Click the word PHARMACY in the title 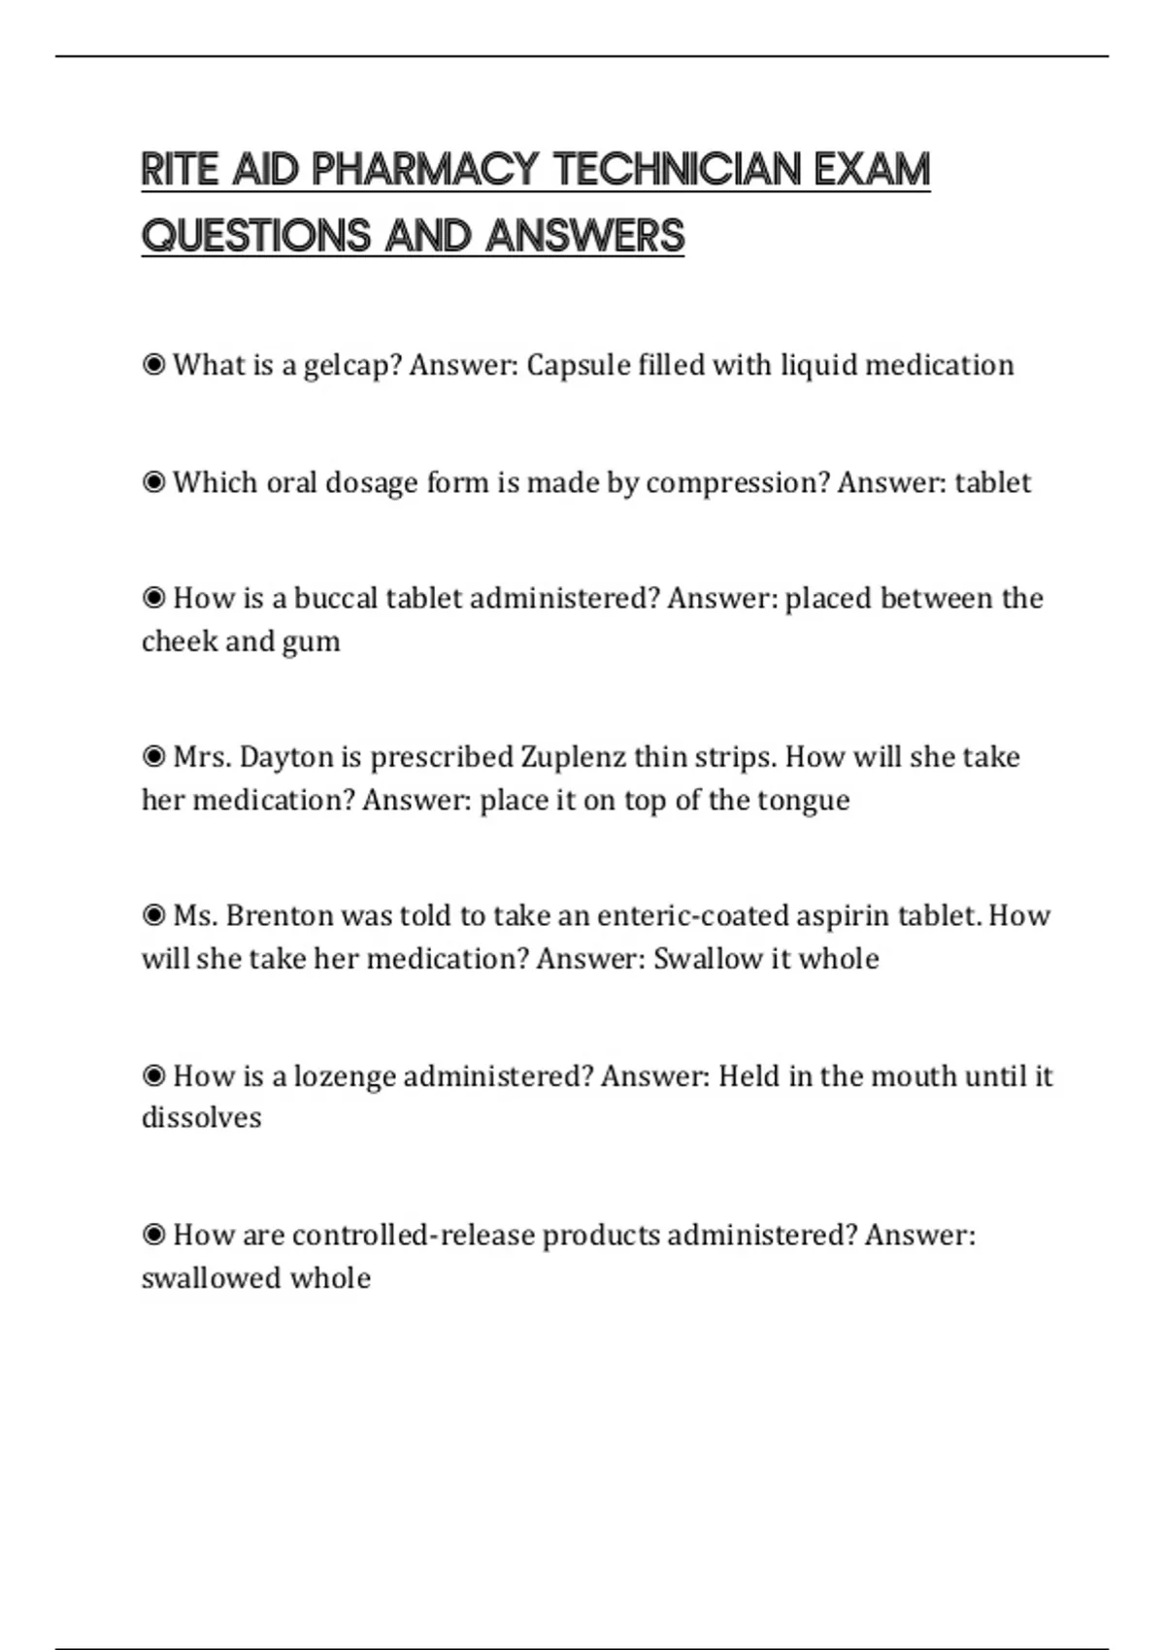point(424,170)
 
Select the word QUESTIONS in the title point(256,236)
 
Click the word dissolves point(201,1118)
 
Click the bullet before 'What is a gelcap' point(153,365)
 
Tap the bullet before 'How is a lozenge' point(153,1075)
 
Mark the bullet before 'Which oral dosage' point(153,481)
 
